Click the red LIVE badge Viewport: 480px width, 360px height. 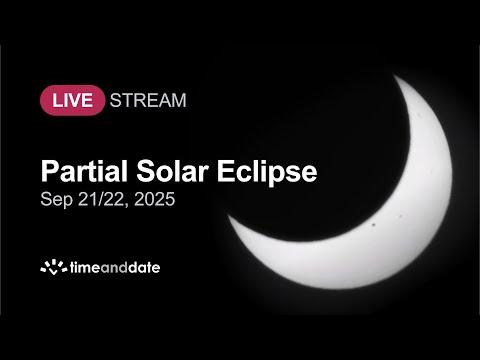click(72, 100)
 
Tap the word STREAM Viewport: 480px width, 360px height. click(148, 100)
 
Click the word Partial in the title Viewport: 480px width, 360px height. click(84, 171)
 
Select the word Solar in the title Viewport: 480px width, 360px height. click(172, 171)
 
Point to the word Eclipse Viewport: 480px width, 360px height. click(267, 172)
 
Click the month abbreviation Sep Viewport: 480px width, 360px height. click(56, 200)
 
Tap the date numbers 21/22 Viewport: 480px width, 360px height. click(103, 199)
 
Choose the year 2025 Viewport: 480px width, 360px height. click(155, 199)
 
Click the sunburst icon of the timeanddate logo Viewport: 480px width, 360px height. click(54, 267)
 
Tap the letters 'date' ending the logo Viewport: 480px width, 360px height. click(144, 268)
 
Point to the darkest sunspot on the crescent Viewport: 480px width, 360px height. click(374, 225)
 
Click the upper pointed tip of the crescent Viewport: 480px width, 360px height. click(395, 76)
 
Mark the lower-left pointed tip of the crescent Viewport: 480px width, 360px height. click(229, 216)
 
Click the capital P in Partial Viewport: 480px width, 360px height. click(50, 171)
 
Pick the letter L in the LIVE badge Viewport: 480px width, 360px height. click(57, 101)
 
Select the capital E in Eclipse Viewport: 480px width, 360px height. click(226, 171)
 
